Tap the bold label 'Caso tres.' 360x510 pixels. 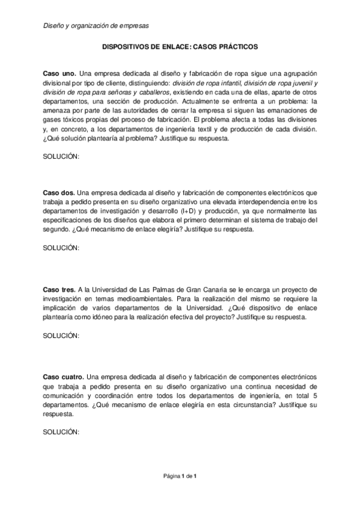59,290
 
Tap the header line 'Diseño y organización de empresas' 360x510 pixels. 96,26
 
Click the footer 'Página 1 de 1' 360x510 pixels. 180,476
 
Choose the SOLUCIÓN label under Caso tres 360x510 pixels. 61,335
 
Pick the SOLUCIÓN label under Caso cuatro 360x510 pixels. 61,432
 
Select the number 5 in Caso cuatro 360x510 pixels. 315,396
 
